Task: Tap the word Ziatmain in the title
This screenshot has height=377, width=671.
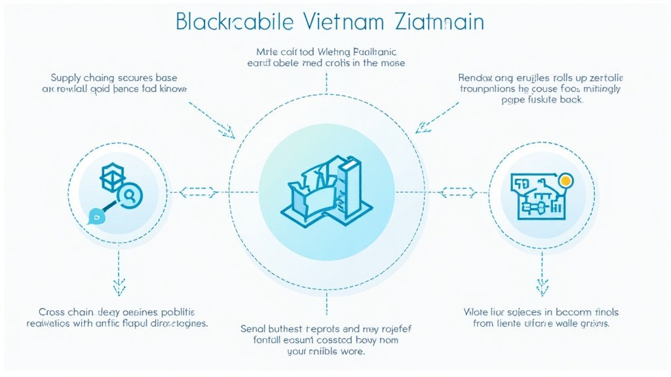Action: [x=440, y=21]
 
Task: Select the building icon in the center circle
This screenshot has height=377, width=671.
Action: [x=326, y=186]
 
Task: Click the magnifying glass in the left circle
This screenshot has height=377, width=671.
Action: [x=130, y=194]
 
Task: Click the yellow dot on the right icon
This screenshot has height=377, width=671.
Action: [x=566, y=179]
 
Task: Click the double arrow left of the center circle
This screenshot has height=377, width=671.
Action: [x=194, y=192]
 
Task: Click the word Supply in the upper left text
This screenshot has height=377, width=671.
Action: [x=67, y=76]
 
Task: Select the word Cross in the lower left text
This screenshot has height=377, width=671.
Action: [x=52, y=312]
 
